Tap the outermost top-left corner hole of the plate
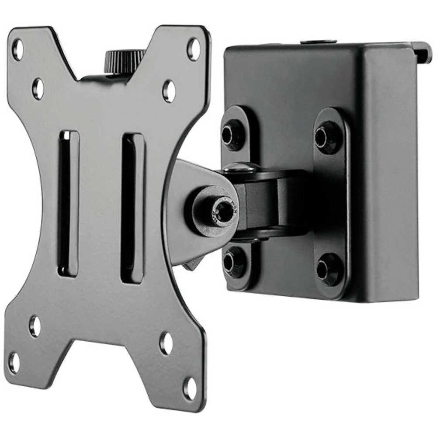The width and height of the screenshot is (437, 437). click(17, 49)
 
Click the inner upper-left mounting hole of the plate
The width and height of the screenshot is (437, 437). click(38, 88)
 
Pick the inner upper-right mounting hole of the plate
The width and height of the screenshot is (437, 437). click(169, 90)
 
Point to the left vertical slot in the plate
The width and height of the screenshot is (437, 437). click(69, 203)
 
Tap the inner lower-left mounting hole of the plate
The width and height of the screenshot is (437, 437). click(35, 326)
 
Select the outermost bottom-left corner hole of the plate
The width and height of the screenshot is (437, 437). click(14, 362)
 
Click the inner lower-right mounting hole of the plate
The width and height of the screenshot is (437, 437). click(166, 343)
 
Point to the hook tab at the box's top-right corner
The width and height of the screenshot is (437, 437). click(422, 51)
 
